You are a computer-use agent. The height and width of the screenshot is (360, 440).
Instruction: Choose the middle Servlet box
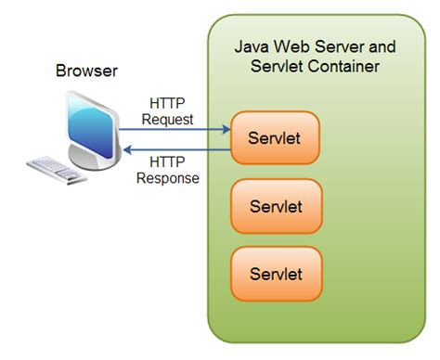pos(276,206)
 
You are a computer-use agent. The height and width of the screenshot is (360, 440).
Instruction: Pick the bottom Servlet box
pos(276,274)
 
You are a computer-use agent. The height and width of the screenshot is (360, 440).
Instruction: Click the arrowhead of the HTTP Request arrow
pos(226,131)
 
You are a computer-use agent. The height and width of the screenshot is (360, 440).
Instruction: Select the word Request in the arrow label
pos(168,119)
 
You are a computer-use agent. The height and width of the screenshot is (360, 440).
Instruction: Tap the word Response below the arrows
pos(168,178)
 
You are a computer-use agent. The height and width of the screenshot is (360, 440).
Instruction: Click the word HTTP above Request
pos(168,103)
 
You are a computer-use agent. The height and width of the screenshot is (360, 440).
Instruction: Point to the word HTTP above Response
pos(168,162)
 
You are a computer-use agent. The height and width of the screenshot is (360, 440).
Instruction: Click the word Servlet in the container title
pos(278,67)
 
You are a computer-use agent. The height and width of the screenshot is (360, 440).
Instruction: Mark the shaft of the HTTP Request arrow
pos(176,131)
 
